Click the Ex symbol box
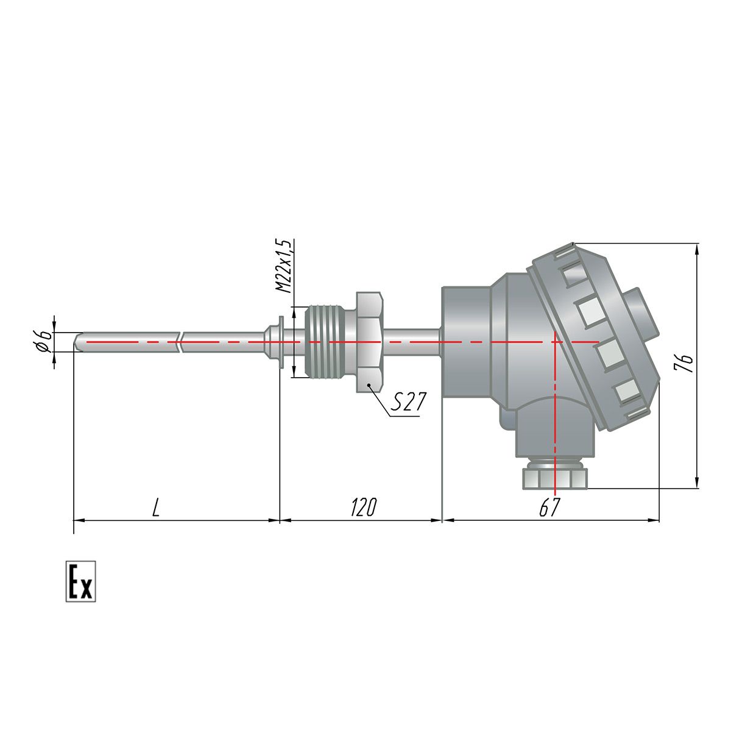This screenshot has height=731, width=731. [80, 581]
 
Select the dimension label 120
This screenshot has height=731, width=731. [363, 507]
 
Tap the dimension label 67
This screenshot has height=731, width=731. [549, 507]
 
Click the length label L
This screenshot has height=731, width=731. [156, 507]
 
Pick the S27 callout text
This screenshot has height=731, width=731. [408, 401]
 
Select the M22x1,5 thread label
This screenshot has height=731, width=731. [284, 266]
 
